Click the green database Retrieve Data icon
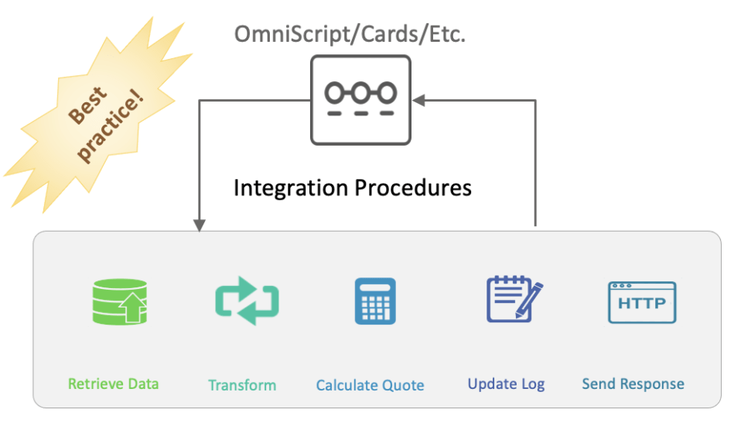tap(118, 301)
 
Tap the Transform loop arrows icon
tap(247, 301)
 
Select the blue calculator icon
tap(375, 301)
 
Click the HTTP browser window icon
tap(641, 302)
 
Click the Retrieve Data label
tap(113, 384)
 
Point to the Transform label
tap(242, 385)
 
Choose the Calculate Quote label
tap(370, 385)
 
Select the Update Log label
tap(506, 384)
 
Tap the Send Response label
tap(633, 384)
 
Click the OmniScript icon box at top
tap(360, 99)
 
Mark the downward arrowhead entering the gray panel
tap(200, 225)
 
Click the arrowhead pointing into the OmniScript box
tap(418, 100)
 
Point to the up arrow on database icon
tap(131, 311)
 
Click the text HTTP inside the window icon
tap(641, 304)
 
